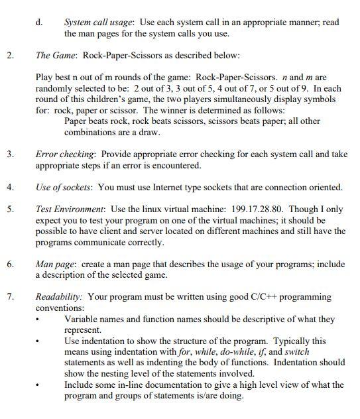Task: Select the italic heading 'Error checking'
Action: pos(64,154)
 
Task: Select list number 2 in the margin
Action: pos(9,56)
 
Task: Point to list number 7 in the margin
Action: pos(9,296)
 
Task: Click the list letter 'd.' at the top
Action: pos(39,22)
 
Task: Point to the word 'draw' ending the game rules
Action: pos(147,132)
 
